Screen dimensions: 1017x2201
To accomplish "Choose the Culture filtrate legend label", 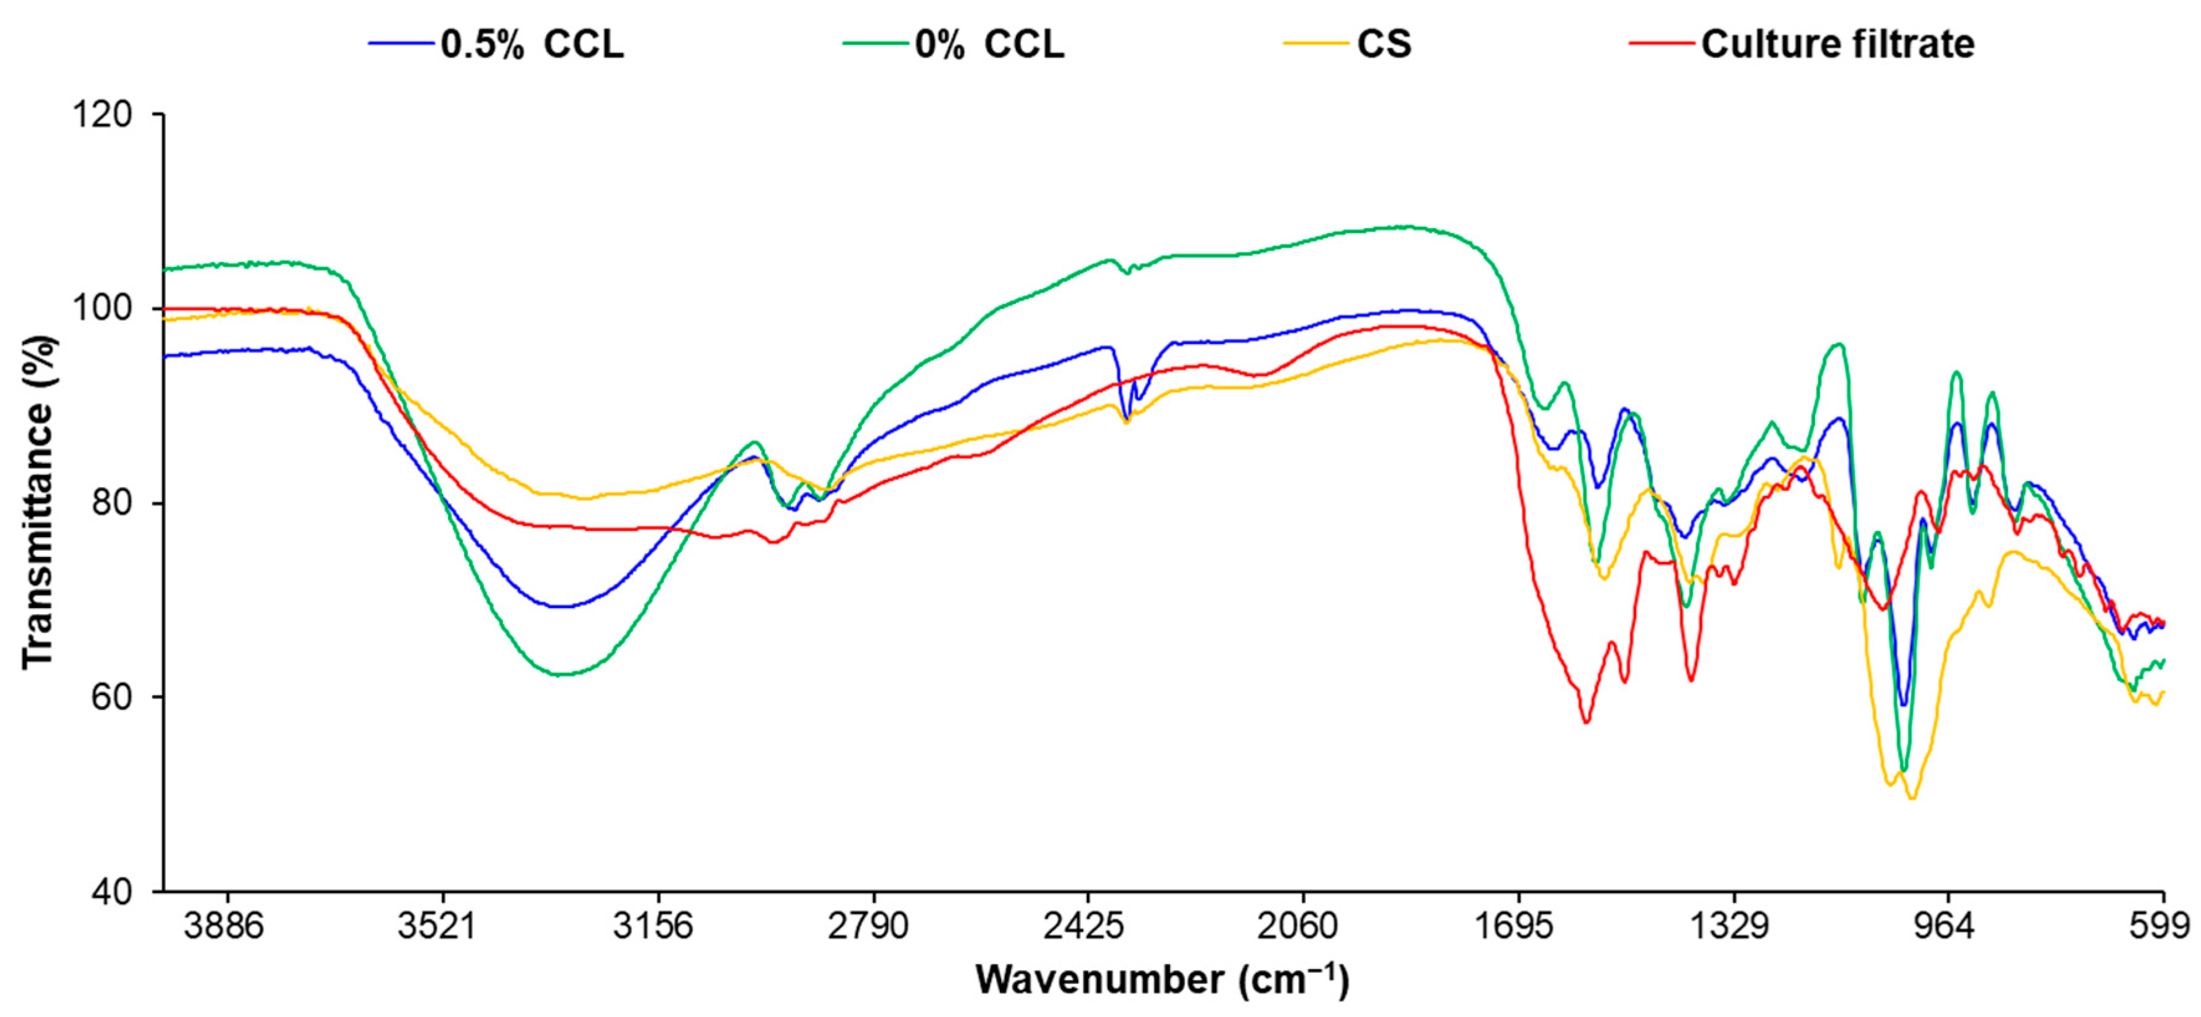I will (x=1837, y=44).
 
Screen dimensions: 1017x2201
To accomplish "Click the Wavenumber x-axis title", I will (x=1162, y=980).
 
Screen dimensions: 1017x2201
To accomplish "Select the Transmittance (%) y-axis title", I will (x=39, y=502).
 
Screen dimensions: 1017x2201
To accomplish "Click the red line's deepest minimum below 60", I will (x=1586, y=722).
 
